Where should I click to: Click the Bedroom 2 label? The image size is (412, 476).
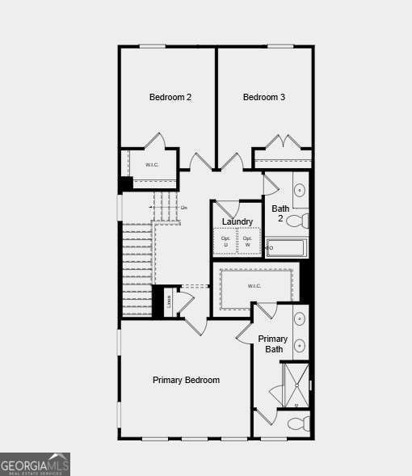[x=170, y=98]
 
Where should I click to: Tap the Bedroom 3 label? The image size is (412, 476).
[x=264, y=98]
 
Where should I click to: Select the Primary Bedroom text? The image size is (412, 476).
[x=186, y=380]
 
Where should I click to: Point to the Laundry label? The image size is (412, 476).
[x=238, y=221]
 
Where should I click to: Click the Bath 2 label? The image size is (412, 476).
[x=280, y=213]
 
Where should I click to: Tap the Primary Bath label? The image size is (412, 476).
[x=273, y=344]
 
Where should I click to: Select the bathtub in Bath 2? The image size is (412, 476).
[x=287, y=247]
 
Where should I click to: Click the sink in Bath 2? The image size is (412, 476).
[x=300, y=191]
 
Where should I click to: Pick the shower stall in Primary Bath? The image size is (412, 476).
[x=295, y=385]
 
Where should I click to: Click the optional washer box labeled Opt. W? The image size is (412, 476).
[x=248, y=242]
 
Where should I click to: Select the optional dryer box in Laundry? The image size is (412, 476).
[x=226, y=242]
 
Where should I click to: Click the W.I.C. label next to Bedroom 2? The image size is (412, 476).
[x=152, y=165]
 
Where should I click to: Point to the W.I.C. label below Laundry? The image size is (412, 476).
[x=254, y=285]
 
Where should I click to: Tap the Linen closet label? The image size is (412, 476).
[x=169, y=301]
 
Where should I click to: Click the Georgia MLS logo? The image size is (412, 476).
[x=35, y=464]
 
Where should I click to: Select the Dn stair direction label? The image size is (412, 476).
[x=184, y=208]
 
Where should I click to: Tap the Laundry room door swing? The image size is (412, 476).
[x=226, y=208]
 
